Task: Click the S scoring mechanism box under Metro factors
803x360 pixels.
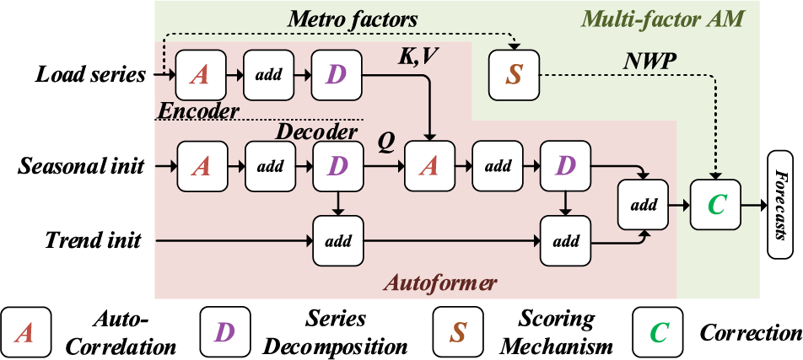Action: click(514, 75)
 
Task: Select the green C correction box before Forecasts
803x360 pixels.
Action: click(715, 205)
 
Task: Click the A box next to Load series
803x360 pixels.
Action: click(200, 75)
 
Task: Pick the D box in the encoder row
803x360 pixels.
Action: click(336, 75)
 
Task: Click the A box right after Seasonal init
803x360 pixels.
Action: click(202, 166)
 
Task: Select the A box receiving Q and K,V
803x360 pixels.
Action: click(429, 166)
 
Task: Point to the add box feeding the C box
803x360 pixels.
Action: click(644, 205)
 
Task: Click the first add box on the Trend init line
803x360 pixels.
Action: click(338, 240)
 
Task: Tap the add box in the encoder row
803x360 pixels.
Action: click(268, 75)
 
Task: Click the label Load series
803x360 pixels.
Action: click(89, 75)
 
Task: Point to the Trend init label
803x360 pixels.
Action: click(93, 240)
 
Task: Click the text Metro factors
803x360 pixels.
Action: click(353, 19)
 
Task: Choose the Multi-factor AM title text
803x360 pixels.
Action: click(664, 20)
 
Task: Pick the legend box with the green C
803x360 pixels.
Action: click(658, 332)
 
